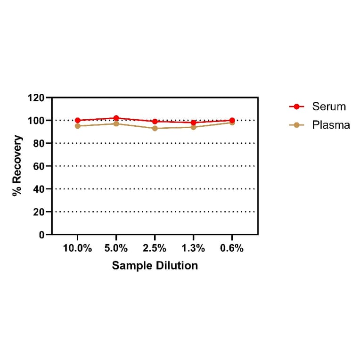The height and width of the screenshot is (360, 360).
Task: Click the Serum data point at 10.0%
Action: pyautogui.click(x=78, y=120)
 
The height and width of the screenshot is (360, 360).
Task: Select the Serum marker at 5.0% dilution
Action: pyautogui.click(x=116, y=118)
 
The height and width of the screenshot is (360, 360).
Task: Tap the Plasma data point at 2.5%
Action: pyautogui.click(x=155, y=128)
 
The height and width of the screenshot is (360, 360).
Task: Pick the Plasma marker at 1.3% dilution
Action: pyautogui.click(x=193, y=127)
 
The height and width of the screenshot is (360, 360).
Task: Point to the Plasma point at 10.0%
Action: pyautogui.click(x=78, y=126)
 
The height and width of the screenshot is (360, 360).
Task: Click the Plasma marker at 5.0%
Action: pyautogui.click(x=116, y=123)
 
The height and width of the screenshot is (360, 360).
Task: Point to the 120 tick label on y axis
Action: pyautogui.click(x=36, y=98)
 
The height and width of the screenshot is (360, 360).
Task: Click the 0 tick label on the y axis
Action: pyautogui.click(x=42, y=235)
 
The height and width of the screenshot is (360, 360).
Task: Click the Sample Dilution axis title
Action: pyautogui.click(x=155, y=265)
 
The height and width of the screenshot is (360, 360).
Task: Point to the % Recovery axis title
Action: pyautogui.click(x=17, y=166)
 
